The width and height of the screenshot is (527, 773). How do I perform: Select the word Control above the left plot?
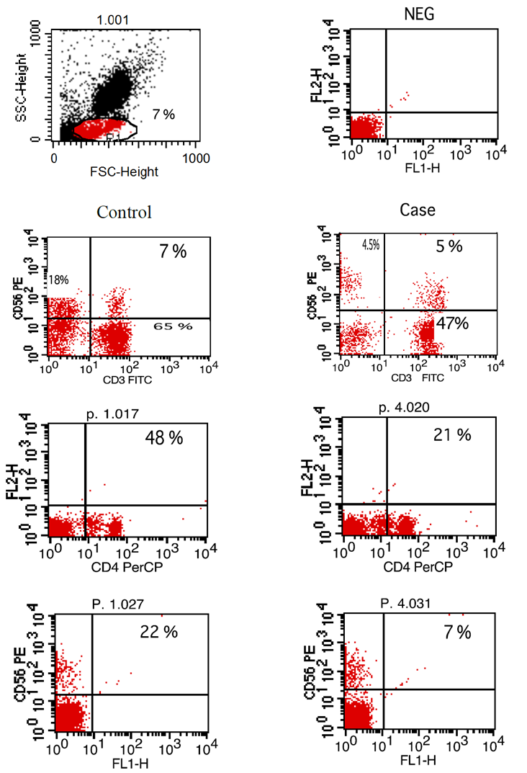tap(125, 213)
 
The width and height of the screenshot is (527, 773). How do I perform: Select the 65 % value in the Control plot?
tap(173, 326)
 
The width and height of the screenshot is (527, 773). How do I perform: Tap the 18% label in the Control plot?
tap(57, 279)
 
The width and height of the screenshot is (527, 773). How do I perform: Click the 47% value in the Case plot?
tap(450, 323)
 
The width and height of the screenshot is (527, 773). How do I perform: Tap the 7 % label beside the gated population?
tap(163, 113)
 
